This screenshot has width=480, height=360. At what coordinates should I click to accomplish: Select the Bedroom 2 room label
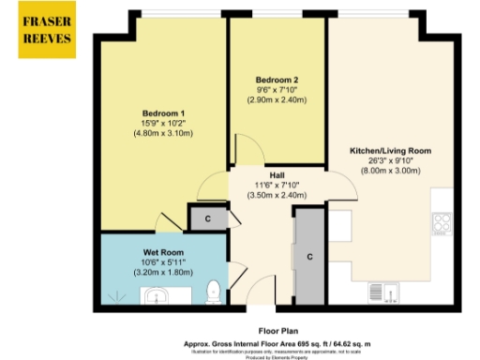tap(277, 79)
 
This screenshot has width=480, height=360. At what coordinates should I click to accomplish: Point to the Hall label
tap(277, 175)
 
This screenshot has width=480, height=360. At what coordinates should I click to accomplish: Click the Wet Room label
tap(161, 252)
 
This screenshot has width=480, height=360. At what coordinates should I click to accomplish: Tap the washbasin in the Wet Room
tap(156, 298)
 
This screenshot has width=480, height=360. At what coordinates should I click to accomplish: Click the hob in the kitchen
tap(442, 225)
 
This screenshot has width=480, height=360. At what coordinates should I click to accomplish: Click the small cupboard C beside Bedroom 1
tap(206, 218)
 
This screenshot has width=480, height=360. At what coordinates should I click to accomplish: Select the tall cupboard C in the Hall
tap(308, 255)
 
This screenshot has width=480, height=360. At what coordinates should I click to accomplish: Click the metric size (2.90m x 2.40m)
tap(277, 98)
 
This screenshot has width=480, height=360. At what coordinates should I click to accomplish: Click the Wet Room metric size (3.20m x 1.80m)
tap(161, 272)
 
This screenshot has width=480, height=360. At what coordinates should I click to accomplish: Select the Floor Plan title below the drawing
tap(278, 330)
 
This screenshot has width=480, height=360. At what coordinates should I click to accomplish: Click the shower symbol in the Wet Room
tap(117, 296)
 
